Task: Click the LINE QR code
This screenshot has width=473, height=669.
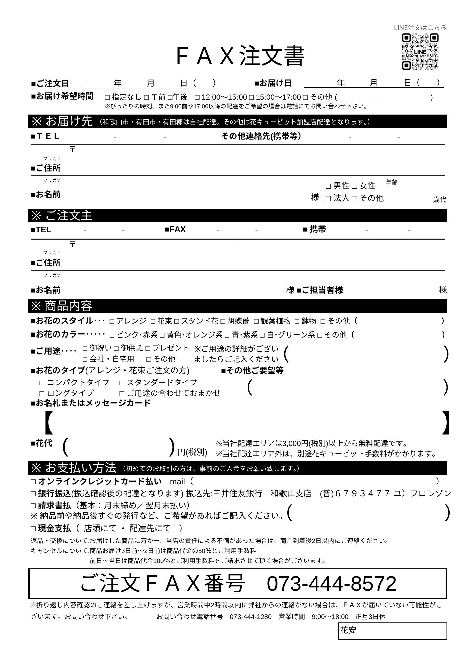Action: point(420,52)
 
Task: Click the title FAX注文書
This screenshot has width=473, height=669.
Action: point(240,56)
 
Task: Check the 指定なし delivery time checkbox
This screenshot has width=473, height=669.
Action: point(108,98)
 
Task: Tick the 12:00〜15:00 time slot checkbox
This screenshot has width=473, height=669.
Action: point(197,98)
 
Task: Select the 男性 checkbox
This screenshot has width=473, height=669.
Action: point(328,186)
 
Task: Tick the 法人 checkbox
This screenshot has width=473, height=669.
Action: point(328,198)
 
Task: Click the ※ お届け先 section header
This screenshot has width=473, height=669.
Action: point(62,121)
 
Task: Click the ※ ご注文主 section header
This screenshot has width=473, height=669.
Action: point(62,216)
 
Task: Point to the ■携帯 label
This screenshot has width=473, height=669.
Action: point(314,229)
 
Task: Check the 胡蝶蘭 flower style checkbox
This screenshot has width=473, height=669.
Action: point(223,321)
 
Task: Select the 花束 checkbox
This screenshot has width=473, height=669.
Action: point(153,321)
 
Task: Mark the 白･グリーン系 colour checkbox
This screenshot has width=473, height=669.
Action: point(263,335)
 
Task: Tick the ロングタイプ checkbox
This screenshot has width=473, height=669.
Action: point(42,393)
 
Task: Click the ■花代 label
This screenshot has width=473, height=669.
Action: point(41,443)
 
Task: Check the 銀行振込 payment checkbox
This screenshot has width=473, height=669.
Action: point(33,494)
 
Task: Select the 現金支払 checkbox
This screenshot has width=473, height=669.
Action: point(33,529)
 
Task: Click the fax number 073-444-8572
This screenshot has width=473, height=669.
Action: point(331,584)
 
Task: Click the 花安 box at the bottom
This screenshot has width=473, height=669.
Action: point(392,631)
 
